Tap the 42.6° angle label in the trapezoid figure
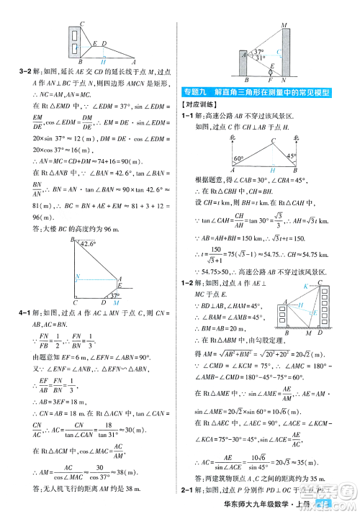[88, 244]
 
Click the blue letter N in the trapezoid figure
[77, 276]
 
